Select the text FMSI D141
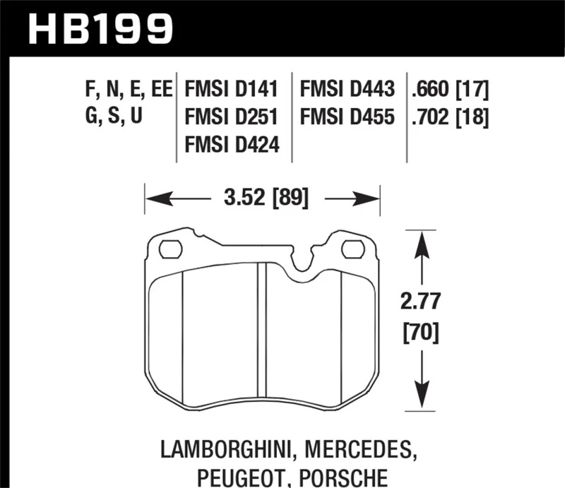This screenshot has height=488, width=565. [x=232, y=90]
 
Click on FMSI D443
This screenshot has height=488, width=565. [x=347, y=90]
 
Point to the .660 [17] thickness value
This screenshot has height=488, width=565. [x=450, y=90]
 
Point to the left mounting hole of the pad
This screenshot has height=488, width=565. [x=169, y=249]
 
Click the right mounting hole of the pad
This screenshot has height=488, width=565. [x=352, y=249]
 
